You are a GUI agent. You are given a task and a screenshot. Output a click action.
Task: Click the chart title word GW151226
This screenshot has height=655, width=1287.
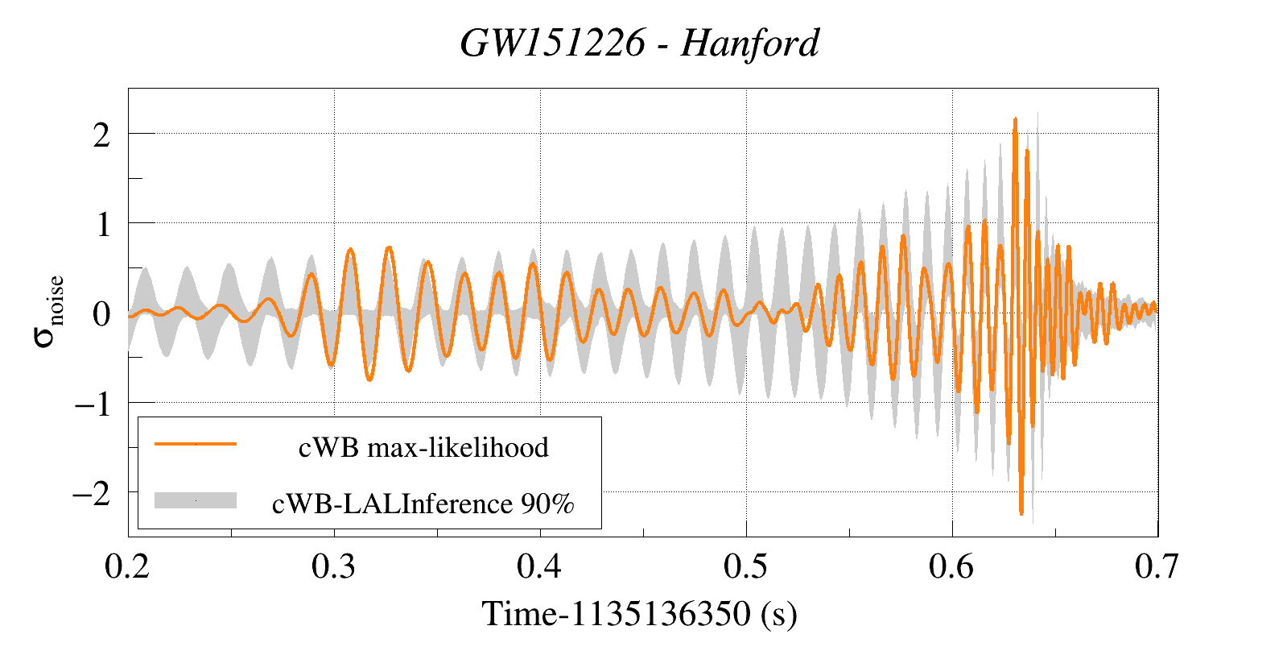552,43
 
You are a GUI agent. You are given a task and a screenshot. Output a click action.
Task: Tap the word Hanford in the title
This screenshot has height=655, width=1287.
749,43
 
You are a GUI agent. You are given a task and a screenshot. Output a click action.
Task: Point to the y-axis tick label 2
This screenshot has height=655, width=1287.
101,135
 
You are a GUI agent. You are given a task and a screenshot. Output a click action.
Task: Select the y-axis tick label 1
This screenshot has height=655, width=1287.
102,224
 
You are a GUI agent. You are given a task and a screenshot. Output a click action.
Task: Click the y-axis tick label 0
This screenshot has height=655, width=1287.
101,313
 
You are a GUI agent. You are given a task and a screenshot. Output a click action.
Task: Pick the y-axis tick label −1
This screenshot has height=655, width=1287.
92,403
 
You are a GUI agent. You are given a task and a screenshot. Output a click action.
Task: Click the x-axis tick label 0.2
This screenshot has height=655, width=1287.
128,567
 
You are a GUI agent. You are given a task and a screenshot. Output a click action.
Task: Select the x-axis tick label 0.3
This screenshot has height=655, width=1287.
334,567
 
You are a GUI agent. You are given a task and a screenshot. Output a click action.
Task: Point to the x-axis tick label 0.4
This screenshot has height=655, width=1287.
540,567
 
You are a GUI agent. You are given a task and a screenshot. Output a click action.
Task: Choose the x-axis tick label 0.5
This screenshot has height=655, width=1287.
746,567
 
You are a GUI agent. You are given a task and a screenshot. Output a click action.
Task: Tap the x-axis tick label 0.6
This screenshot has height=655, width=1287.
952,567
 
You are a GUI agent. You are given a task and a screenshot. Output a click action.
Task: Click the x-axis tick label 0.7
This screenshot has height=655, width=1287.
1157,567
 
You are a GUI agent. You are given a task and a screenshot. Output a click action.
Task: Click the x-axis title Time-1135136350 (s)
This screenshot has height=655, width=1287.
640,614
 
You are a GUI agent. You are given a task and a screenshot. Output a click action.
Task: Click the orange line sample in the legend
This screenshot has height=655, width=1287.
196,444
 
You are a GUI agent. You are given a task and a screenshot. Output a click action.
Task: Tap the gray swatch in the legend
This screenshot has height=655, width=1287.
196,500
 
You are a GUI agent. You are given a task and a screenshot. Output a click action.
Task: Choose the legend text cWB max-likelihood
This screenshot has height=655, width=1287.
423,447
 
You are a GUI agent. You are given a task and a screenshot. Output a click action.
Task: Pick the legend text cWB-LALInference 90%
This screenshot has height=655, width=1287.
423,504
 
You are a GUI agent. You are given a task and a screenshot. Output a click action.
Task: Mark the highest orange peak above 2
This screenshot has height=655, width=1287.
1015,120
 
